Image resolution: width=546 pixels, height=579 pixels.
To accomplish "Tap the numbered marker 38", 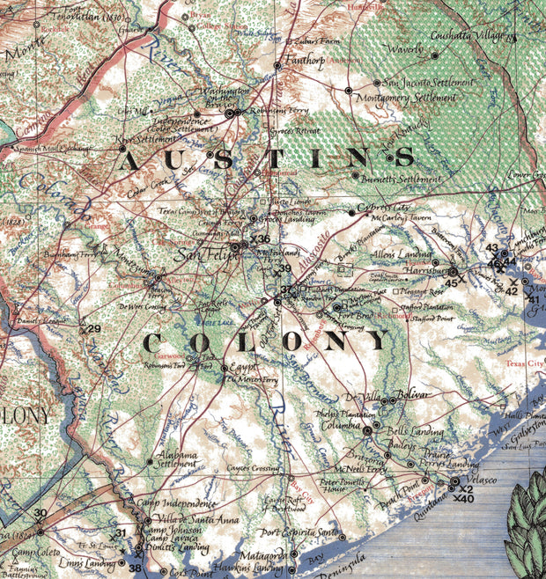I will coord(136,568).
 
